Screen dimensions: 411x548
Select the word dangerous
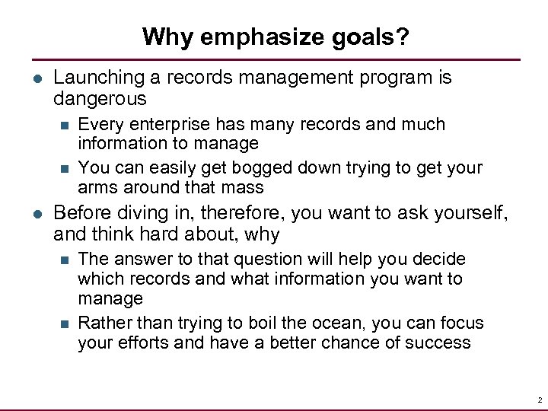click(x=100, y=99)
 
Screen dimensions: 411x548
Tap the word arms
click(x=95, y=187)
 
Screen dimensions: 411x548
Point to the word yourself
click(x=468, y=215)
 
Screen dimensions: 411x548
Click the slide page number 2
click(x=538, y=400)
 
